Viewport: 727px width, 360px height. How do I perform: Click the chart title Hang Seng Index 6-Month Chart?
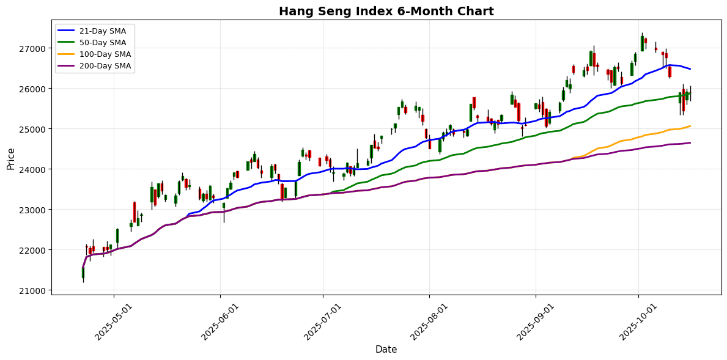click(x=386, y=11)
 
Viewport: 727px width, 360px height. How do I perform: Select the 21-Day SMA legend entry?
click(x=102, y=31)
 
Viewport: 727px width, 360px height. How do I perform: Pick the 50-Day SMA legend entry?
click(x=102, y=43)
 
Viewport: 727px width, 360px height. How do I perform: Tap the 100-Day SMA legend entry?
click(x=105, y=54)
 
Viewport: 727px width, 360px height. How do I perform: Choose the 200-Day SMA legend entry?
click(x=105, y=66)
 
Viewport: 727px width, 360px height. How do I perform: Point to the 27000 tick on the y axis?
click(x=34, y=48)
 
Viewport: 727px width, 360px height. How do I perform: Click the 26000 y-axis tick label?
click(x=34, y=89)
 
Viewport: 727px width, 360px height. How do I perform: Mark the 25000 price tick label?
click(x=34, y=129)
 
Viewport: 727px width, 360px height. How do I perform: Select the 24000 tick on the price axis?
click(x=34, y=169)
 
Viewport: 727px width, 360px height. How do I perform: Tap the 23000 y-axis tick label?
click(x=34, y=210)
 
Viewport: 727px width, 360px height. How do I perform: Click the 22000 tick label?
click(x=34, y=250)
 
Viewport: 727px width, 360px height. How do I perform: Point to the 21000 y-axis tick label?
click(x=34, y=290)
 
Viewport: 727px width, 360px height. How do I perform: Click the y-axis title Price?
click(x=10, y=158)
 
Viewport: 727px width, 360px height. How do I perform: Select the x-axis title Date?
click(x=386, y=350)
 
